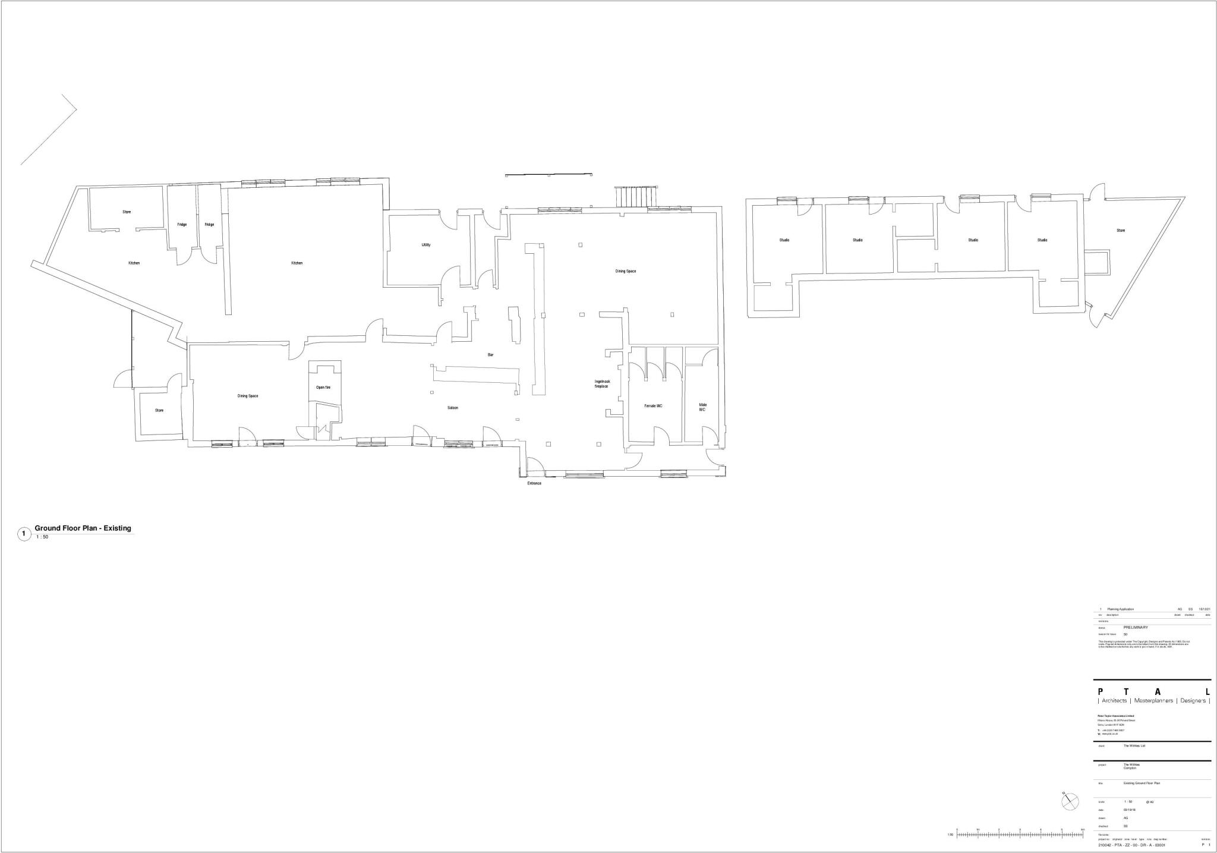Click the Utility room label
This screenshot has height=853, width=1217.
426,245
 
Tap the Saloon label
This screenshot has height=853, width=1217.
453,408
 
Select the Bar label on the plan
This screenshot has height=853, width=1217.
490,355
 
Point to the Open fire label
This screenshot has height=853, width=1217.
323,388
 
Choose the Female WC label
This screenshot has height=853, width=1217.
653,406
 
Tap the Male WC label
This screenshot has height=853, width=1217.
702,407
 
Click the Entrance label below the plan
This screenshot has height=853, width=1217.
534,483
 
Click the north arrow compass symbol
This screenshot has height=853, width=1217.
1069,801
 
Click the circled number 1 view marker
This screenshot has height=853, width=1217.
24,534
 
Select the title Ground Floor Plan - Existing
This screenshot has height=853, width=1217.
83,528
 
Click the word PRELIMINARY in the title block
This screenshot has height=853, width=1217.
1119,627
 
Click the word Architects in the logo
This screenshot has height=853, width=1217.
1114,701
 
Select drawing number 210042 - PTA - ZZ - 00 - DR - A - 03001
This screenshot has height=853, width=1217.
1131,845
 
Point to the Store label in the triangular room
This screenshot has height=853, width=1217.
1121,231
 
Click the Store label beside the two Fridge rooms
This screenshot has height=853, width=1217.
127,212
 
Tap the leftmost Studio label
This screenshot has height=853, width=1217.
784,240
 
